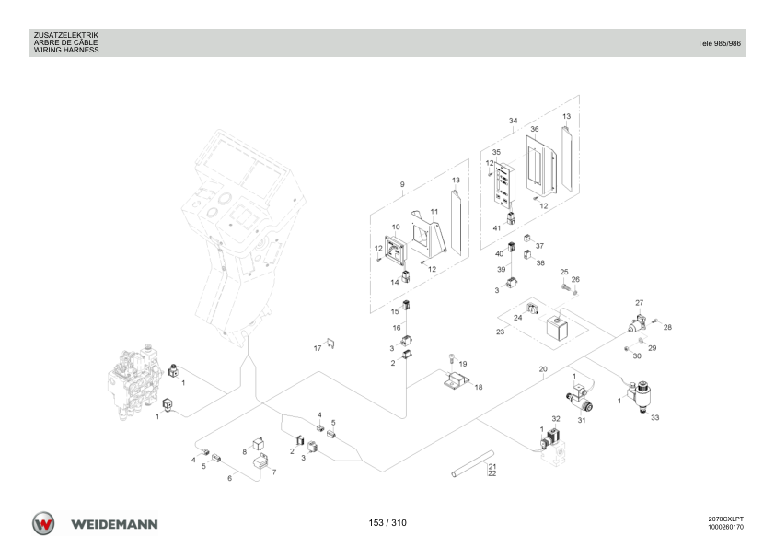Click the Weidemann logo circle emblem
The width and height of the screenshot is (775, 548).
click(43, 523)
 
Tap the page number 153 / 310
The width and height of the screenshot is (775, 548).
click(387, 523)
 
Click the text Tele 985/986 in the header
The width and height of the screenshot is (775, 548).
click(719, 43)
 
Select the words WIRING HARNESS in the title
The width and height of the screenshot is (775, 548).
click(66, 50)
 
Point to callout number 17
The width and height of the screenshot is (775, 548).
click(318, 348)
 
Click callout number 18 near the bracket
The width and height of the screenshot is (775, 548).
click(479, 387)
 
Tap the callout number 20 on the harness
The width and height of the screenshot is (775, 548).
click(543, 369)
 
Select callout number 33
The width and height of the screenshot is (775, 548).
click(655, 417)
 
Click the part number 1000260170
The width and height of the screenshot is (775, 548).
click(725, 527)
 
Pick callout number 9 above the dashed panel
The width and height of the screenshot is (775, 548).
click(402, 184)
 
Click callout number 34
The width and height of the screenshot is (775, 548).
click(513, 121)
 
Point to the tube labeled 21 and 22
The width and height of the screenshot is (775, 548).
click(472, 463)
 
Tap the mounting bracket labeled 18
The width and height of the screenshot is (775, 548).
click(456, 379)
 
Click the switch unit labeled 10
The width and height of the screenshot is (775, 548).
click(396, 251)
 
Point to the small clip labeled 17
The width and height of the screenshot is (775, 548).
click(330, 343)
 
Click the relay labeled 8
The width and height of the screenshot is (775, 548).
click(259, 443)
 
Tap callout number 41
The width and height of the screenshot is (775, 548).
click(497, 228)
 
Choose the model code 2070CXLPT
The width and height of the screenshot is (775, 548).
click(725, 519)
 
